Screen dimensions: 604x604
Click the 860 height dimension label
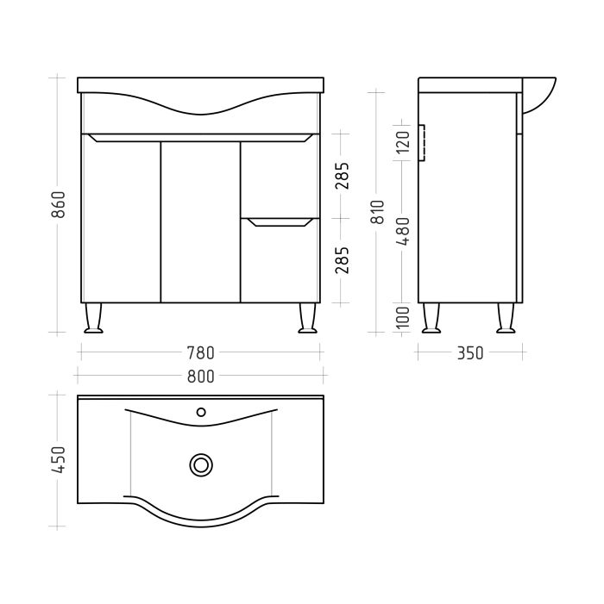[58, 204]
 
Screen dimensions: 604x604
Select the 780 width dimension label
[200, 353]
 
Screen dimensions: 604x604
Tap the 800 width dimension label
[200, 376]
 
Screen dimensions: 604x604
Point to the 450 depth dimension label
[58, 459]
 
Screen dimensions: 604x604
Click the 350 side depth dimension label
[469, 353]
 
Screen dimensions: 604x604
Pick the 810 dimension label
[378, 212]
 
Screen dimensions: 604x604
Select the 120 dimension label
[403, 142]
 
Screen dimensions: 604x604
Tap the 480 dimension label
[403, 232]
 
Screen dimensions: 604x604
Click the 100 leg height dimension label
[403, 317]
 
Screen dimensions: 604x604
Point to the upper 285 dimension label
[342, 176]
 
